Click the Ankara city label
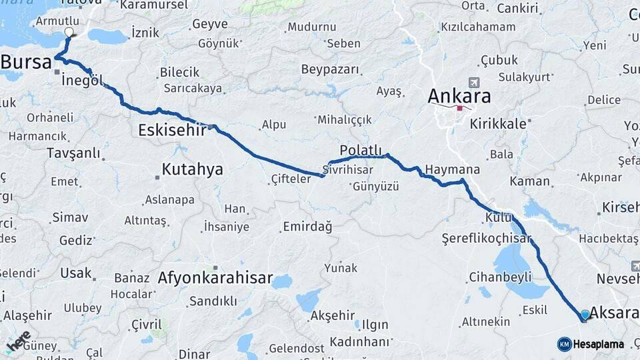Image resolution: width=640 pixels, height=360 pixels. (459, 95)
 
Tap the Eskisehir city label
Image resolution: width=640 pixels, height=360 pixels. (171, 130)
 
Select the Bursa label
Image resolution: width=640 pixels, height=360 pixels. (26, 63)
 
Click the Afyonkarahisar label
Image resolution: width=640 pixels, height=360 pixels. (215, 278)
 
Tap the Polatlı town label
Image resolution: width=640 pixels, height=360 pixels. (361, 149)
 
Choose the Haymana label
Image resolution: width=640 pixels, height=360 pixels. (452, 169)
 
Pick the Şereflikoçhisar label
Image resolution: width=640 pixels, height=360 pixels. (486, 238)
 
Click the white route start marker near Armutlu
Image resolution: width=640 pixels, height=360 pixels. (69, 32)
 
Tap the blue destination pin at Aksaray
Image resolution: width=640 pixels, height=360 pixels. (585, 315)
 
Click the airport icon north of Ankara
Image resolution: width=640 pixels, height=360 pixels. (474, 83)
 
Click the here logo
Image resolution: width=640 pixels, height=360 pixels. (19, 341)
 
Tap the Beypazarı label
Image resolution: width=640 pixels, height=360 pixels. (330, 69)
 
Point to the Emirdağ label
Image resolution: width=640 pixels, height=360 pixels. (307, 227)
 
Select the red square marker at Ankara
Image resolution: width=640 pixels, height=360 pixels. (460, 108)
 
